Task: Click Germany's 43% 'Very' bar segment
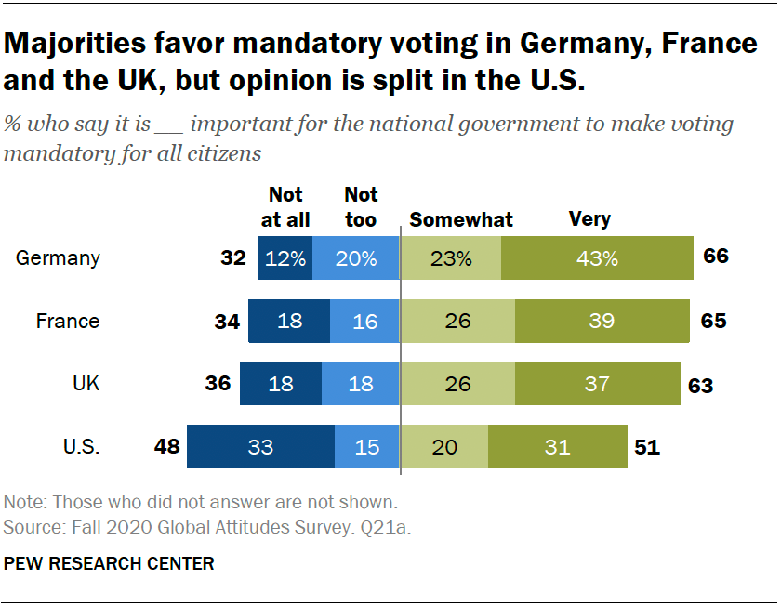click(x=597, y=258)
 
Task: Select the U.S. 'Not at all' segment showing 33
click(x=260, y=447)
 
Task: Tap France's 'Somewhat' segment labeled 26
click(x=457, y=322)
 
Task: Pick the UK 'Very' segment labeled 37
click(x=597, y=384)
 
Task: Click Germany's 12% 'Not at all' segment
click(x=285, y=258)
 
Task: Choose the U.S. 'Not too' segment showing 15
click(x=367, y=447)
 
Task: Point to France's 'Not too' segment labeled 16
click(x=364, y=322)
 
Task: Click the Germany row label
click(x=58, y=258)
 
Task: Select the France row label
click(x=67, y=322)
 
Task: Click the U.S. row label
click(x=81, y=447)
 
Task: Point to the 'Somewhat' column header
click(x=461, y=220)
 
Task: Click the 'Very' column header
click(x=589, y=220)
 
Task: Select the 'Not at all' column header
click(x=285, y=207)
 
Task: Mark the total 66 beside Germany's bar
click(x=715, y=257)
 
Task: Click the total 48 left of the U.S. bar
click(x=166, y=447)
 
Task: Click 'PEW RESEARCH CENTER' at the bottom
click(x=109, y=563)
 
